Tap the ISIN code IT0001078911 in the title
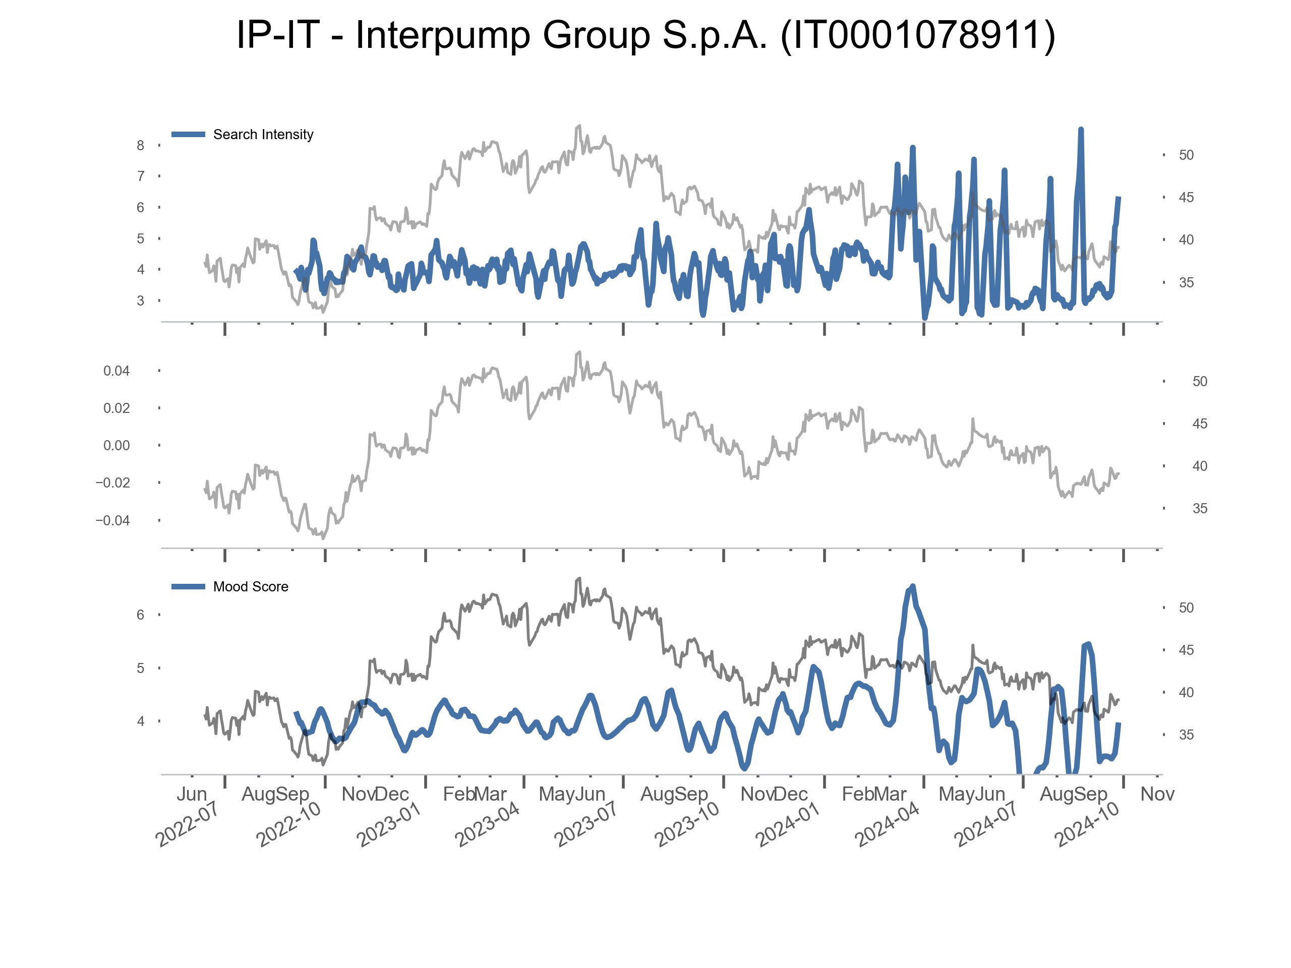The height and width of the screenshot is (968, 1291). click(x=917, y=35)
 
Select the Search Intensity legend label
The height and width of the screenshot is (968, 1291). click(x=263, y=135)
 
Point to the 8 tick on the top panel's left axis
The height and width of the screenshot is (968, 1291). click(x=141, y=145)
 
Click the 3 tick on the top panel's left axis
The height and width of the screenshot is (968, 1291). click(x=141, y=300)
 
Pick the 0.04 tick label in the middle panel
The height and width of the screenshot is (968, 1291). click(x=116, y=371)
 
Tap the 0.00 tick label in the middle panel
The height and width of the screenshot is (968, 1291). click(x=116, y=446)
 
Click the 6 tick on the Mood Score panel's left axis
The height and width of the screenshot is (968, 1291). click(x=141, y=615)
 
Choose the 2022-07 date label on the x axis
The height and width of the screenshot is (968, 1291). click(x=187, y=824)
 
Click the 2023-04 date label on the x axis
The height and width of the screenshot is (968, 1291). click(x=487, y=824)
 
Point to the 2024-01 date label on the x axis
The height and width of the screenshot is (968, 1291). click(x=787, y=824)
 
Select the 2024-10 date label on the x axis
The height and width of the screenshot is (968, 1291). click(x=1087, y=824)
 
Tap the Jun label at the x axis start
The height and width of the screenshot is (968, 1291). click(x=192, y=794)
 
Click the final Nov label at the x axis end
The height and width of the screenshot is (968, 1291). click(x=1157, y=794)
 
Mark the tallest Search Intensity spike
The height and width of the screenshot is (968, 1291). click(x=1081, y=130)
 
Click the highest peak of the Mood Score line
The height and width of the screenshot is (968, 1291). click(x=913, y=586)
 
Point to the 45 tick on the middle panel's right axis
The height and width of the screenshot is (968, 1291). click(x=1199, y=424)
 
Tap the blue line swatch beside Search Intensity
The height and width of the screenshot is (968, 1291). click(x=188, y=135)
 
